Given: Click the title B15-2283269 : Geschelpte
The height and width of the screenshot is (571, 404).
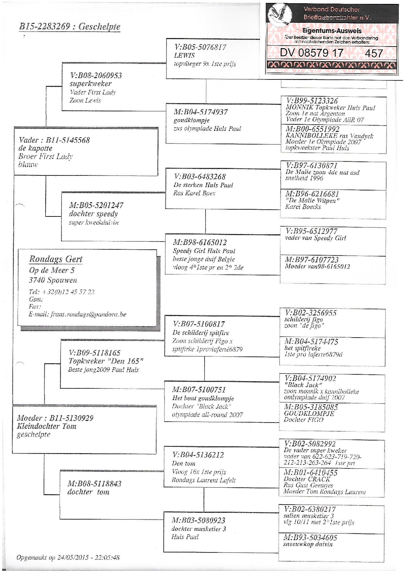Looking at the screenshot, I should tap(70, 26).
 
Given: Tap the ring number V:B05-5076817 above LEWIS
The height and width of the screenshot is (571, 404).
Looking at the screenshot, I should tap(200, 47).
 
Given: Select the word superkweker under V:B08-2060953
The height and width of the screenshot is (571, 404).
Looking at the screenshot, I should tap(90, 84).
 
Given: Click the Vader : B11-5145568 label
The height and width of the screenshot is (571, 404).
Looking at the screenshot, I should tap(54, 140).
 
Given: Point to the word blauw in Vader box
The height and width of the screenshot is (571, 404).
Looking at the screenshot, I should tap(28, 164).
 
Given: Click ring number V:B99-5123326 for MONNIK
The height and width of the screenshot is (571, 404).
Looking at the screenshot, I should tap(312, 101).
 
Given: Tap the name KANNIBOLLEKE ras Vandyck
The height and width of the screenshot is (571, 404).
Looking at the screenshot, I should tap(329, 136).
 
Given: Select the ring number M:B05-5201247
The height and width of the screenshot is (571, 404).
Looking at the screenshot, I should tap(96, 205).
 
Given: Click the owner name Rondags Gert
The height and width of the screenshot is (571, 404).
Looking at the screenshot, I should tap(56, 259).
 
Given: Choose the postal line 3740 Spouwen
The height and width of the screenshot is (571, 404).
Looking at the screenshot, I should tap(53, 280).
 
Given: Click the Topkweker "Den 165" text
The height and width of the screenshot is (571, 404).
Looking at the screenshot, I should tap(106, 361).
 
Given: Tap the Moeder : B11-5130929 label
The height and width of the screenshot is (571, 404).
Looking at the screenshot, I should tap(55, 418).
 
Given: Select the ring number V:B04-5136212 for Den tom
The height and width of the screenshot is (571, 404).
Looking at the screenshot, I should tap(198, 455).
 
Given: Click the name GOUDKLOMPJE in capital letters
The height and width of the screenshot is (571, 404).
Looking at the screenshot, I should tap(309, 413).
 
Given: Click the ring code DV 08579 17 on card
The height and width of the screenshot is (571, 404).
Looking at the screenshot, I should tap(312, 53).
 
